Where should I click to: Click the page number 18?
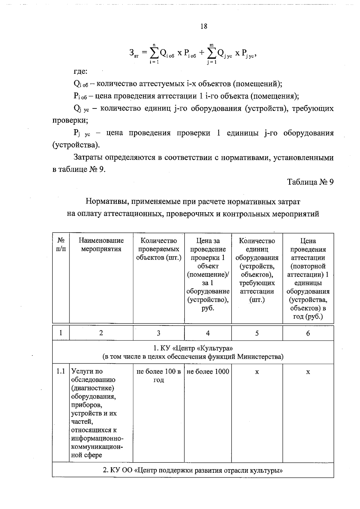tap(203, 26)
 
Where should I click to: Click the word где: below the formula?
tap(80, 72)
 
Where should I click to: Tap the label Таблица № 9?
tap(310, 182)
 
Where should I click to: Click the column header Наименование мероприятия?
tap(101, 245)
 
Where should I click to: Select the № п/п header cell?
tap(61, 245)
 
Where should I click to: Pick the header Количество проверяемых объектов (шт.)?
tap(159, 249)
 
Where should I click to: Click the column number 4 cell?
tap(208, 333)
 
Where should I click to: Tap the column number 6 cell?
tap(308, 333)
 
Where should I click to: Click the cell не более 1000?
tap(208, 372)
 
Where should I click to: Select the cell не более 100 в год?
tap(159, 376)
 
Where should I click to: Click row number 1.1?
tap(61, 371)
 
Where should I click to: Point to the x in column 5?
tap(257, 372)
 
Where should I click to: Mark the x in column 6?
tap(308, 372)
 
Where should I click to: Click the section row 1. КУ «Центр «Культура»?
tap(193, 352)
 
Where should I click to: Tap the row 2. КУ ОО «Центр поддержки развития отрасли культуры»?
tap(193, 470)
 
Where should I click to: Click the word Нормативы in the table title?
tap(103, 201)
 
